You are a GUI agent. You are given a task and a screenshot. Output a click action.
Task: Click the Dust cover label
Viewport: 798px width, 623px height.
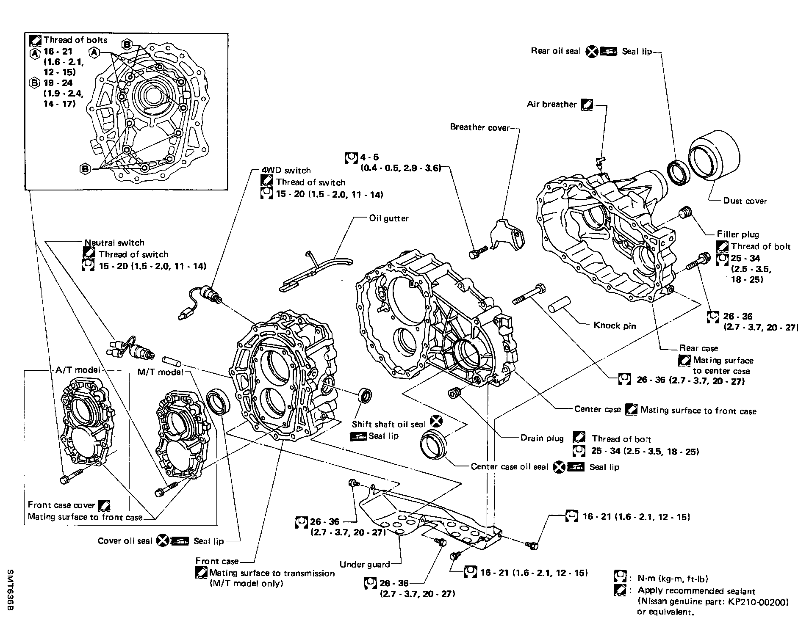[x=745, y=201]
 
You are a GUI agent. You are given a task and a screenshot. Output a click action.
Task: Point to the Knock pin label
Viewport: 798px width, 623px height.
[x=614, y=325]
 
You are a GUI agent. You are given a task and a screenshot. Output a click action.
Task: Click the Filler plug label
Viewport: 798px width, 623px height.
[x=738, y=234]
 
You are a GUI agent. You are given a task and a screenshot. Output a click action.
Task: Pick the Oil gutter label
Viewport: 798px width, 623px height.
[x=389, y=218]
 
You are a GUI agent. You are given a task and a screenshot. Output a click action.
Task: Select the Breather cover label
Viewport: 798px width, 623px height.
[x=480, y=127]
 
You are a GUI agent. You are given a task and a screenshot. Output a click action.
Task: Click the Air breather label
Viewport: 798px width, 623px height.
[x=551, y=104]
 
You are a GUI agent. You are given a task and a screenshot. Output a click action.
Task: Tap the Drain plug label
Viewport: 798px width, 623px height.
[x=542, y=438]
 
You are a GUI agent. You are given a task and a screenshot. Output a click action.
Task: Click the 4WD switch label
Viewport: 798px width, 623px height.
[x=286, y=170]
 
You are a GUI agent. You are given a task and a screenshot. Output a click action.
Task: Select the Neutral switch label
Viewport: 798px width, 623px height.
[x=114, y=243]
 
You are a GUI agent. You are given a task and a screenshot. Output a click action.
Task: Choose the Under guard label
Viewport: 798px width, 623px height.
[x=365, y=564]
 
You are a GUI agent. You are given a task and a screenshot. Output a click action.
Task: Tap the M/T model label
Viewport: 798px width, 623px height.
[x=161, y=372]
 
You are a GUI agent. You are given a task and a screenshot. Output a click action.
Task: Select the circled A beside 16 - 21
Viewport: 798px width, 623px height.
[x=34, y=53]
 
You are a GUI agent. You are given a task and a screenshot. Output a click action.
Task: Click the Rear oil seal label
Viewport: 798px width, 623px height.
[x=556, y=51]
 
